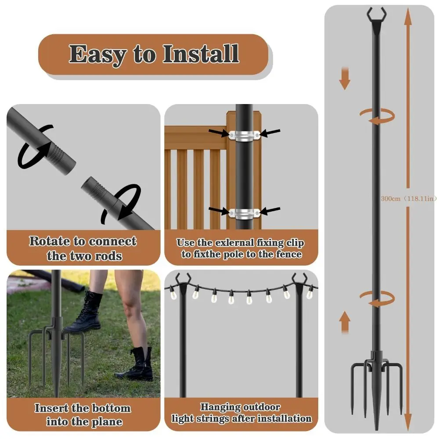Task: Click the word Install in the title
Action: tap(201, 54)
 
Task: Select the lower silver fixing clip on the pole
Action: tap(244, 213)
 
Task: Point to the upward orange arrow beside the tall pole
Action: tap(345, 321)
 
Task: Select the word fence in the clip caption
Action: tap(288, 254)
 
